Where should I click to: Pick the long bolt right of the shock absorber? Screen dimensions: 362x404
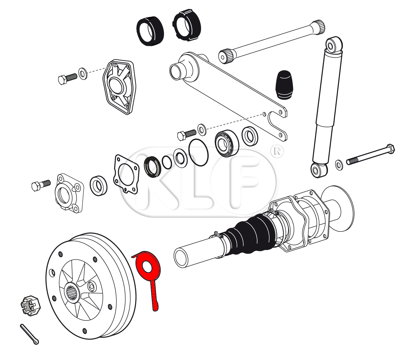(371, 155)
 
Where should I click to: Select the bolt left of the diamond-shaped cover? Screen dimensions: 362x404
(67, 78)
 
